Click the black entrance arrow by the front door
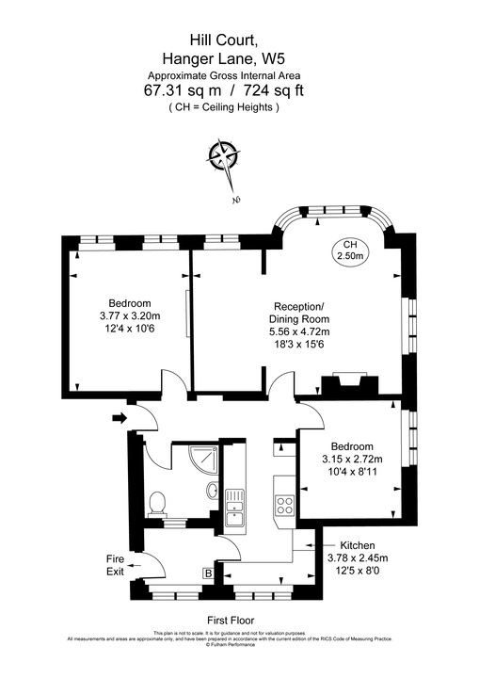point(119,418)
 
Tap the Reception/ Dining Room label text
point(298,314)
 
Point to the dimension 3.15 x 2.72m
point(353,459)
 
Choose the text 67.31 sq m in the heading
point(184,90)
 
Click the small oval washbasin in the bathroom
point(214,491)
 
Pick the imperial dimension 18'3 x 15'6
point(298,345)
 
